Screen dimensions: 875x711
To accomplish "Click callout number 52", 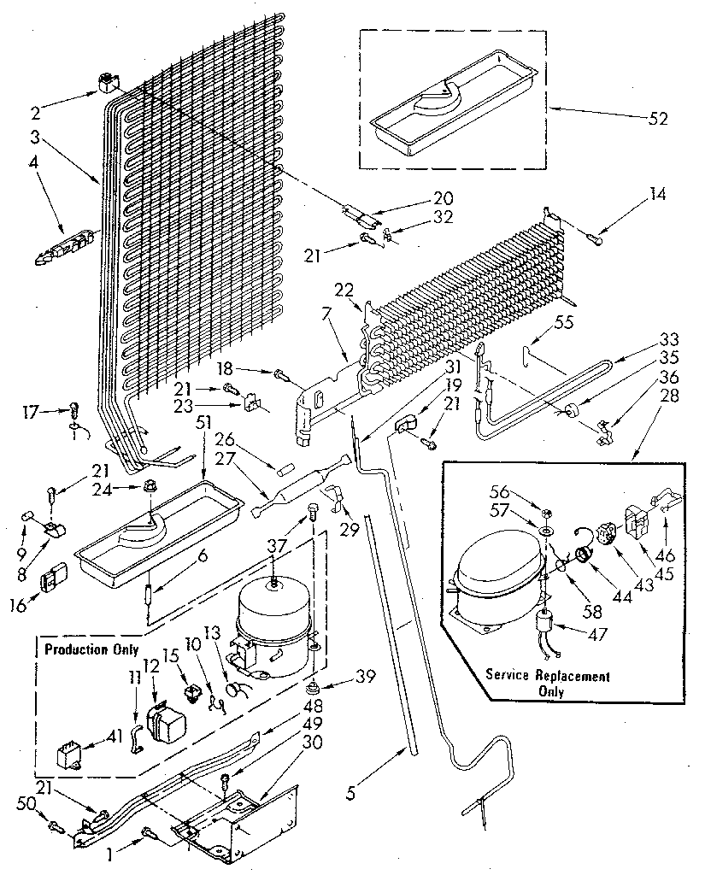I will click(658, 118).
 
